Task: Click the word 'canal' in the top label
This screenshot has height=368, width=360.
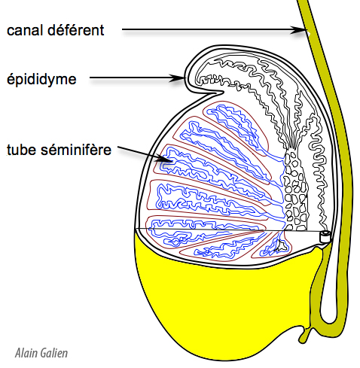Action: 24,30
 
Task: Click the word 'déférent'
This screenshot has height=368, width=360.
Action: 75,30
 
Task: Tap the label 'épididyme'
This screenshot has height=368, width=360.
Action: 41,80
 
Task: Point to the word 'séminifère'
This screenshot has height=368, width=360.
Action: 76,150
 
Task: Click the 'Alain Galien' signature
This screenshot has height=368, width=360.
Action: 41,353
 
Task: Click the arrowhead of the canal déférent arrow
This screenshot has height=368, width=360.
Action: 301,30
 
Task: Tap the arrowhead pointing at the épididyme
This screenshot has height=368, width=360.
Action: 178,78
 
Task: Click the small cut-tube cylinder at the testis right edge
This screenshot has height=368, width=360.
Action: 325,237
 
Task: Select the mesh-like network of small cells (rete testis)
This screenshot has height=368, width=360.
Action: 296,190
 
